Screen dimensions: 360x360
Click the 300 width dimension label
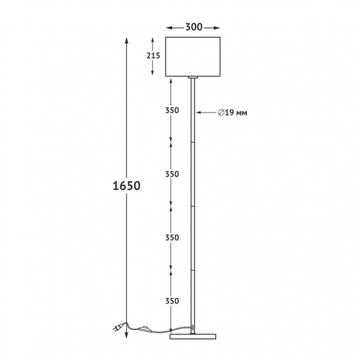[x=194, y=27]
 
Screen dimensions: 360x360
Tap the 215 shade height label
[x=153, y=56]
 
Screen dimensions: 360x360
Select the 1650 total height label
[x=127, y=186]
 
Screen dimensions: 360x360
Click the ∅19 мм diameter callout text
[x=232, y=112]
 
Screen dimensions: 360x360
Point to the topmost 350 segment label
[x=172, y=111]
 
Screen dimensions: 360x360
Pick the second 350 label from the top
[x=172, y=174]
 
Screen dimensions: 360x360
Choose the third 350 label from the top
[x=172, y=237]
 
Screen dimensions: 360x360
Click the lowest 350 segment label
[x=172, y=301]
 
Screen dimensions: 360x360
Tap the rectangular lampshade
[x=193, y=57]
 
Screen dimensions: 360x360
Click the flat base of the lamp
[x=193, y=336]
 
